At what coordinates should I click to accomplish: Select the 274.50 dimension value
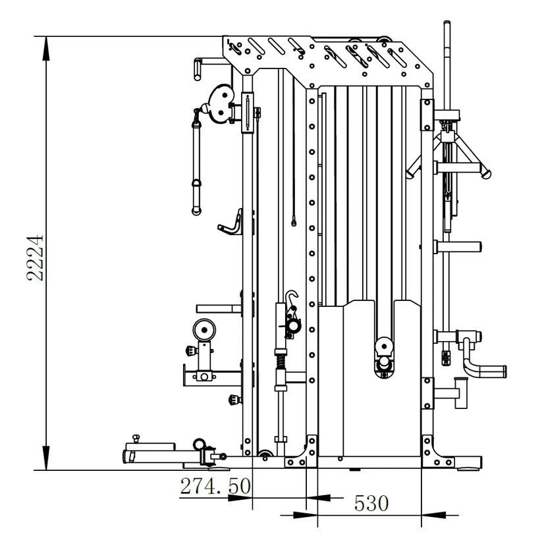click(215, 486)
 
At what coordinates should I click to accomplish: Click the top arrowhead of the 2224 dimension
click(45, 42)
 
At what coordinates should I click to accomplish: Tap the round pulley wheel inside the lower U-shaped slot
click(383, 346)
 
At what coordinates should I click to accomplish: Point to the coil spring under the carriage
click(280, 361)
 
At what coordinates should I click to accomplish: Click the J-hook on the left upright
click(232, 222)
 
